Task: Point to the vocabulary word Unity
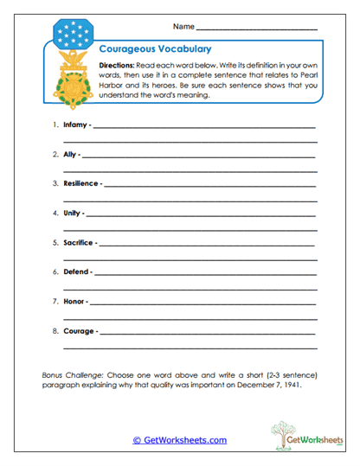[73, 213]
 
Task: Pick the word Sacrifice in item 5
[80, 242]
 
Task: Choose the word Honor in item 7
[74, 301]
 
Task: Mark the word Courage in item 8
[79, 330]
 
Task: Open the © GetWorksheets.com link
[179, 440]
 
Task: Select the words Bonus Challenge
[76, 374]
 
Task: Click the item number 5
[55, 242]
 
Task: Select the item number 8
[55, 330]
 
